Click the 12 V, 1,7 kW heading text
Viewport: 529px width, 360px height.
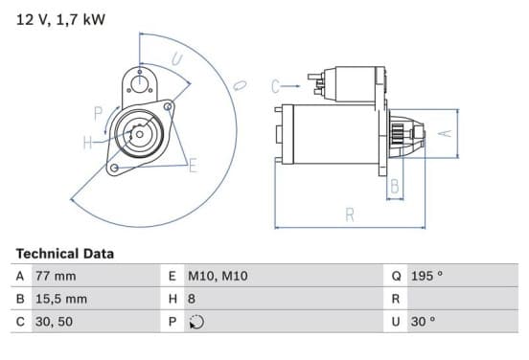[x=60, y=19]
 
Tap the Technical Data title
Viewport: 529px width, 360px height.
[x=65, y=254]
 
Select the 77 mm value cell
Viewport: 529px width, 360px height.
[x=56, y=276]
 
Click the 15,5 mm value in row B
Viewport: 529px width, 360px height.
[x=61, y=299]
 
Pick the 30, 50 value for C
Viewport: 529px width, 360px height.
[x=54, y=322]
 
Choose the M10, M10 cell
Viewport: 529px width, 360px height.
[x=218, y=276]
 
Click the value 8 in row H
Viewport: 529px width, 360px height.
[x=192, y=299]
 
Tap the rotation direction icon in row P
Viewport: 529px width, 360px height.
[x=196, y=322]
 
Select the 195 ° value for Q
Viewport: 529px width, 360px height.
[x=426, y=276]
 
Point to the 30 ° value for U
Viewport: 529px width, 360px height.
[x=423, y=322]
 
